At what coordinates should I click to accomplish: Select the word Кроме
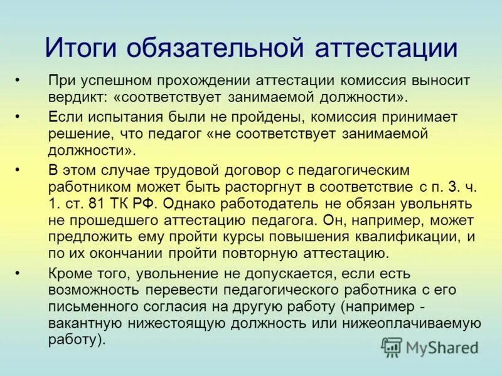tap(67, 273)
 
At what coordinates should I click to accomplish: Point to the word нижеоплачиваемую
tap(414, 324)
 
